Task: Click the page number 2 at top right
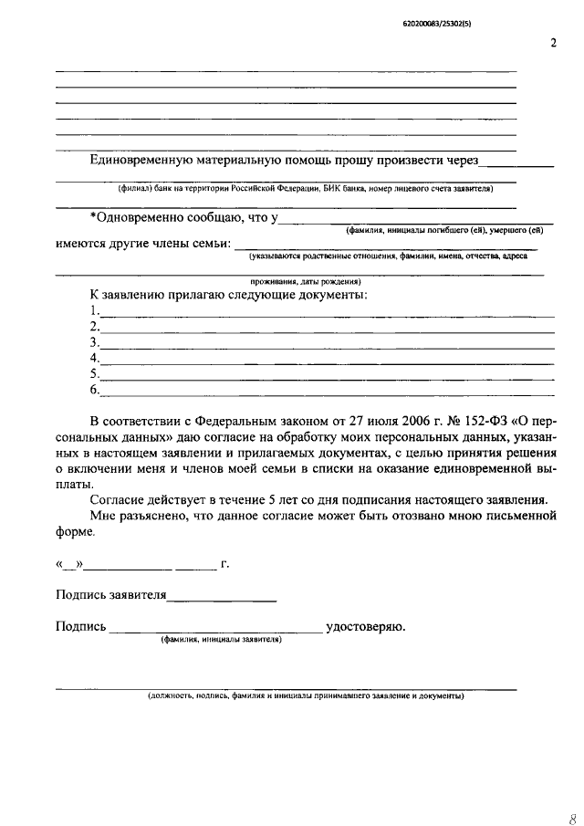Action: click(553, 44)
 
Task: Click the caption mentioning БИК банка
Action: click(305, 189)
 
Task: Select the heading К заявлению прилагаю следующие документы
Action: click(228, 296)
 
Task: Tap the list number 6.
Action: click(93, 390)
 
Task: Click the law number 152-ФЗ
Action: click(482, 421)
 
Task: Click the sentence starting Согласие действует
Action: click(318, 500)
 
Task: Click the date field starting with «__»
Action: click(69, 564)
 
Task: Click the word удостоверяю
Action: click(365, 627)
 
